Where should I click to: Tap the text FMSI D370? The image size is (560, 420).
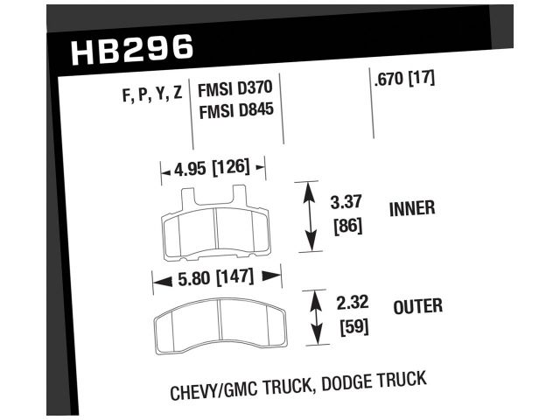click(x=235, y=91)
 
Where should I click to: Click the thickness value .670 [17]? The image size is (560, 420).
click(x=404, y=79)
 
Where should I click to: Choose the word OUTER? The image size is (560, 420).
click(x=417, y=306)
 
